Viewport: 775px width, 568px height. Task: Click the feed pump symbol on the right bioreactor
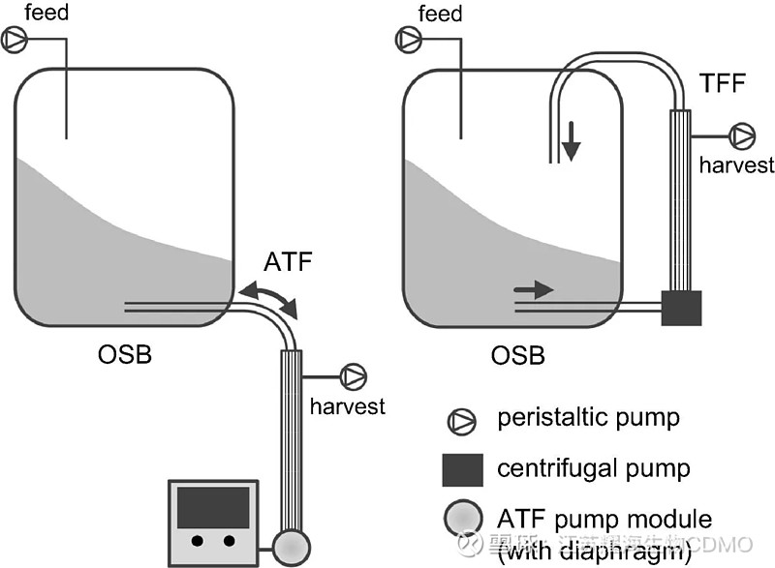point(409,40)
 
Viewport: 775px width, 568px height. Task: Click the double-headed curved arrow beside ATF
point(272,296)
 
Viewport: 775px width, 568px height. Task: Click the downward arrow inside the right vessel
point(572,141)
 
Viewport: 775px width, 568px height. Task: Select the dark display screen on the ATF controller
point(213,506)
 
